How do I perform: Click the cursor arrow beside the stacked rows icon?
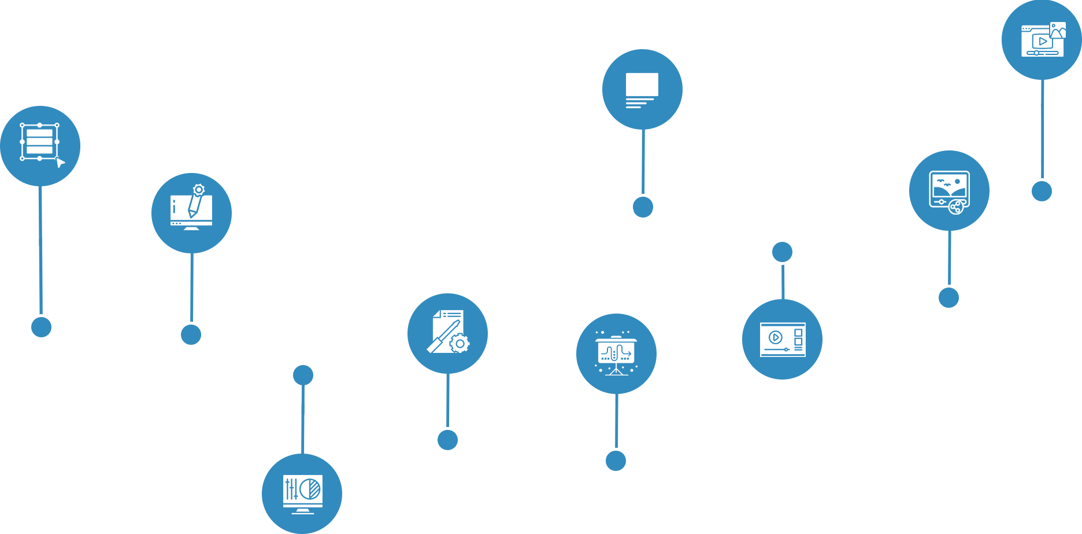coord(60,163)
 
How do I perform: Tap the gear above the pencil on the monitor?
coord(199,189)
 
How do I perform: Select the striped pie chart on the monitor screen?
coord(311,489)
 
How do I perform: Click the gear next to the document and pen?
coord(460,344)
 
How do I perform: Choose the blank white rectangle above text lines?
coord(642,84)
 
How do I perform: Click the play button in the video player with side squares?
coord(776,337)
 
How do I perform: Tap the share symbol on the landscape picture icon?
coord(956,207)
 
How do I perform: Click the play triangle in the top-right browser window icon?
coord(1043,42)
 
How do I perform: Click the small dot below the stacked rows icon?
coord(41,327)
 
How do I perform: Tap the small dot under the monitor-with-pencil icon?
coord(191,334)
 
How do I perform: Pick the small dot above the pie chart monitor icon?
coord(303,375)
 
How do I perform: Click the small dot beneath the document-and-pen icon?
coord(447,440)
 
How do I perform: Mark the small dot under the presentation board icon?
coord(616,461)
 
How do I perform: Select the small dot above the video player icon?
coord(782,252)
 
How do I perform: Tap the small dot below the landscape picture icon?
coord(948,297)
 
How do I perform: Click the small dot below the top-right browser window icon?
coord(1042,191)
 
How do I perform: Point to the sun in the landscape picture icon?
coord(957,182)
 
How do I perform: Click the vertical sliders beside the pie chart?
coord(291,489)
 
